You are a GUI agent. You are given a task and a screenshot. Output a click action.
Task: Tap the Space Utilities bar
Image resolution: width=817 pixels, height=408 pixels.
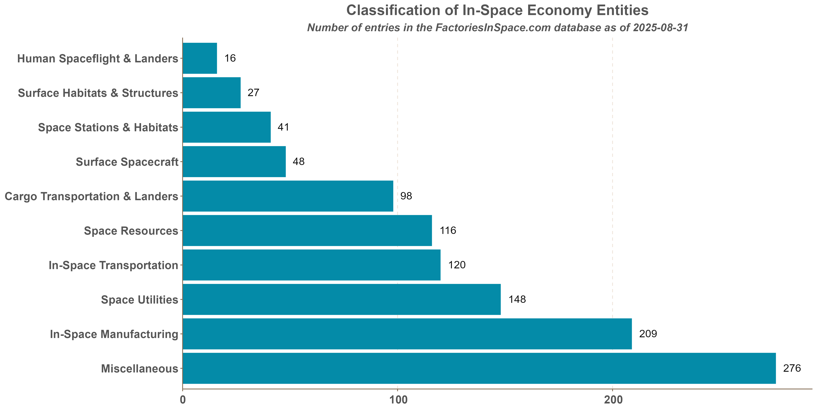(342, 299)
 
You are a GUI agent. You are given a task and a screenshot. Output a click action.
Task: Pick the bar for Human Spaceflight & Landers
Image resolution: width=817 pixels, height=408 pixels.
(200, 58)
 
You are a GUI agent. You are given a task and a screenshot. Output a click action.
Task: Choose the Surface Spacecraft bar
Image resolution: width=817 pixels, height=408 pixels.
(234, 162)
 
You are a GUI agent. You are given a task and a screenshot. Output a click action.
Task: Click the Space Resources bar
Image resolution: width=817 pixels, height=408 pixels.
(307, 230)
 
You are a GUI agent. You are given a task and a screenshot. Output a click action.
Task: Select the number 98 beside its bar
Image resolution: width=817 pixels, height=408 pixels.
(406, 196)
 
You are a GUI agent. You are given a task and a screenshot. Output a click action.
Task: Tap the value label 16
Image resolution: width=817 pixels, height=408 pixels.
(230, 58)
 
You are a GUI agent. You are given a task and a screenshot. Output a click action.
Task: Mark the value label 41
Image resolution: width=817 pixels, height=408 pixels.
(283, 127)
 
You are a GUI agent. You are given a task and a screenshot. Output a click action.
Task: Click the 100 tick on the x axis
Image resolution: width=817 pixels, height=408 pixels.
(397, 400)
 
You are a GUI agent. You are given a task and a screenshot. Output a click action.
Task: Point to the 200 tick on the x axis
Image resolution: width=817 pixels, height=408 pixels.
(612, 400)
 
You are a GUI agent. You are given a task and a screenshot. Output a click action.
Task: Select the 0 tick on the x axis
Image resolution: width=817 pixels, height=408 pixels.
(183, 400)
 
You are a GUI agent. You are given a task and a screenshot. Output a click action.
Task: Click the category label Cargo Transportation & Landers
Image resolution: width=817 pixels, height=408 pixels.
(91, 196)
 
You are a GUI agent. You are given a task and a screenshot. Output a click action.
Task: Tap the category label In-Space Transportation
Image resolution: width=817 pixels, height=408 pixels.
(113, 265)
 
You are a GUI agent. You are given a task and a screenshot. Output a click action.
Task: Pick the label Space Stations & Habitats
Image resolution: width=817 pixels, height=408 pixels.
(108, 127)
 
